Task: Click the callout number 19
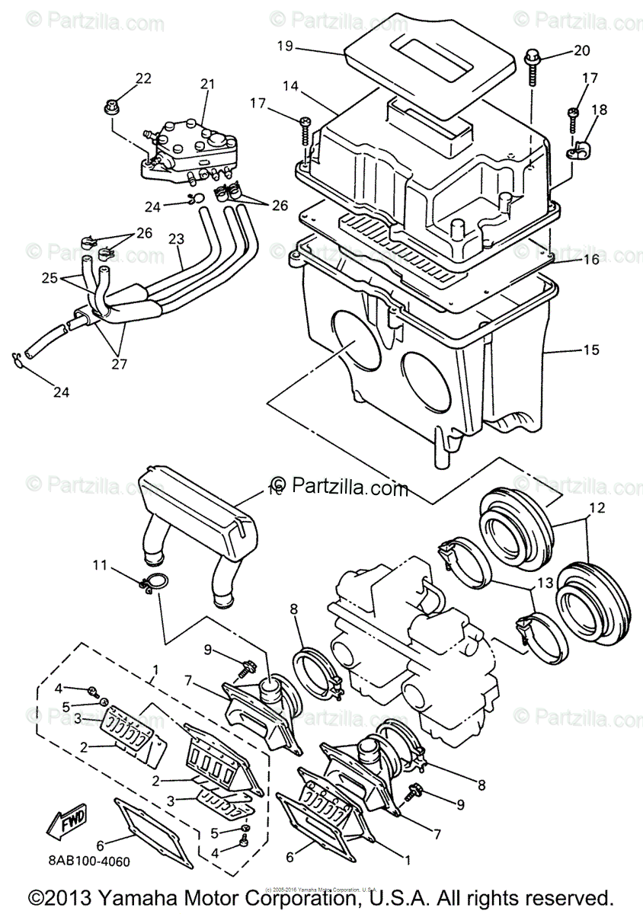pyautogui.click(x=285, y=46)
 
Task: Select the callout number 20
pyautogui.click(x=581, y=51)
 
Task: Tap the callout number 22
pyautogui.click(x=143, y=78)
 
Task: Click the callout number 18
pyautogui.click(x=600, y=109)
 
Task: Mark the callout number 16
pyautogui.click(x=591, y=260)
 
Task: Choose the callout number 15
pyautogui.click(x=591, y=350)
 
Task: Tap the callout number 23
pyautogui.click(x=176, y=239)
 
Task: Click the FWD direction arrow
pyautogui.click(x=68, y=821)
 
